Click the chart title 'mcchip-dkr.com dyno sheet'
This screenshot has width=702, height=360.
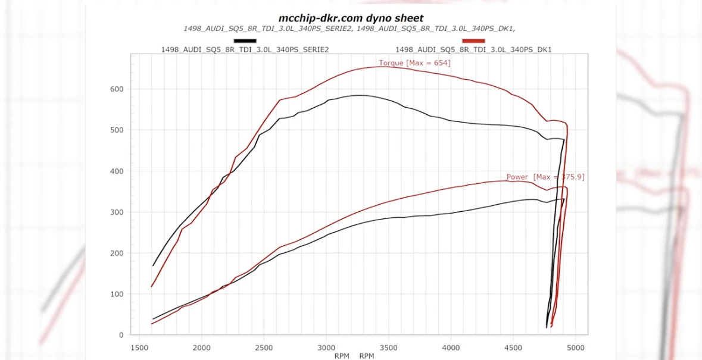click(351, 18)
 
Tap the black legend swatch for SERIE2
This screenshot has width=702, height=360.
click(245, 41)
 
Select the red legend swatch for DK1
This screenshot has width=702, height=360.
click(473, 41)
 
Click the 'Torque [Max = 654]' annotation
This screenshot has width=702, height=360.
click(414, 63)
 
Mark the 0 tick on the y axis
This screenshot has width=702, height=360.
click(120, 335)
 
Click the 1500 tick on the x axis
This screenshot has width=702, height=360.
click(140, 347)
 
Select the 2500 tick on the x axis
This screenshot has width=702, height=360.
click(264, 347)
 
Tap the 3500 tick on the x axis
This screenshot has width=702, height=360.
click(388, 347)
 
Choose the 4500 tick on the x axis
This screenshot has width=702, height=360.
click(513, 347)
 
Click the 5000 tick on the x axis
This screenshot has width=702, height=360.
click(575, 347)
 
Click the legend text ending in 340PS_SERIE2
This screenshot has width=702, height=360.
click(245, 50)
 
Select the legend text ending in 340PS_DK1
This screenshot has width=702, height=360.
click(473, 50)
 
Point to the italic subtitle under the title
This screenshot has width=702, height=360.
click(350, 29)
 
